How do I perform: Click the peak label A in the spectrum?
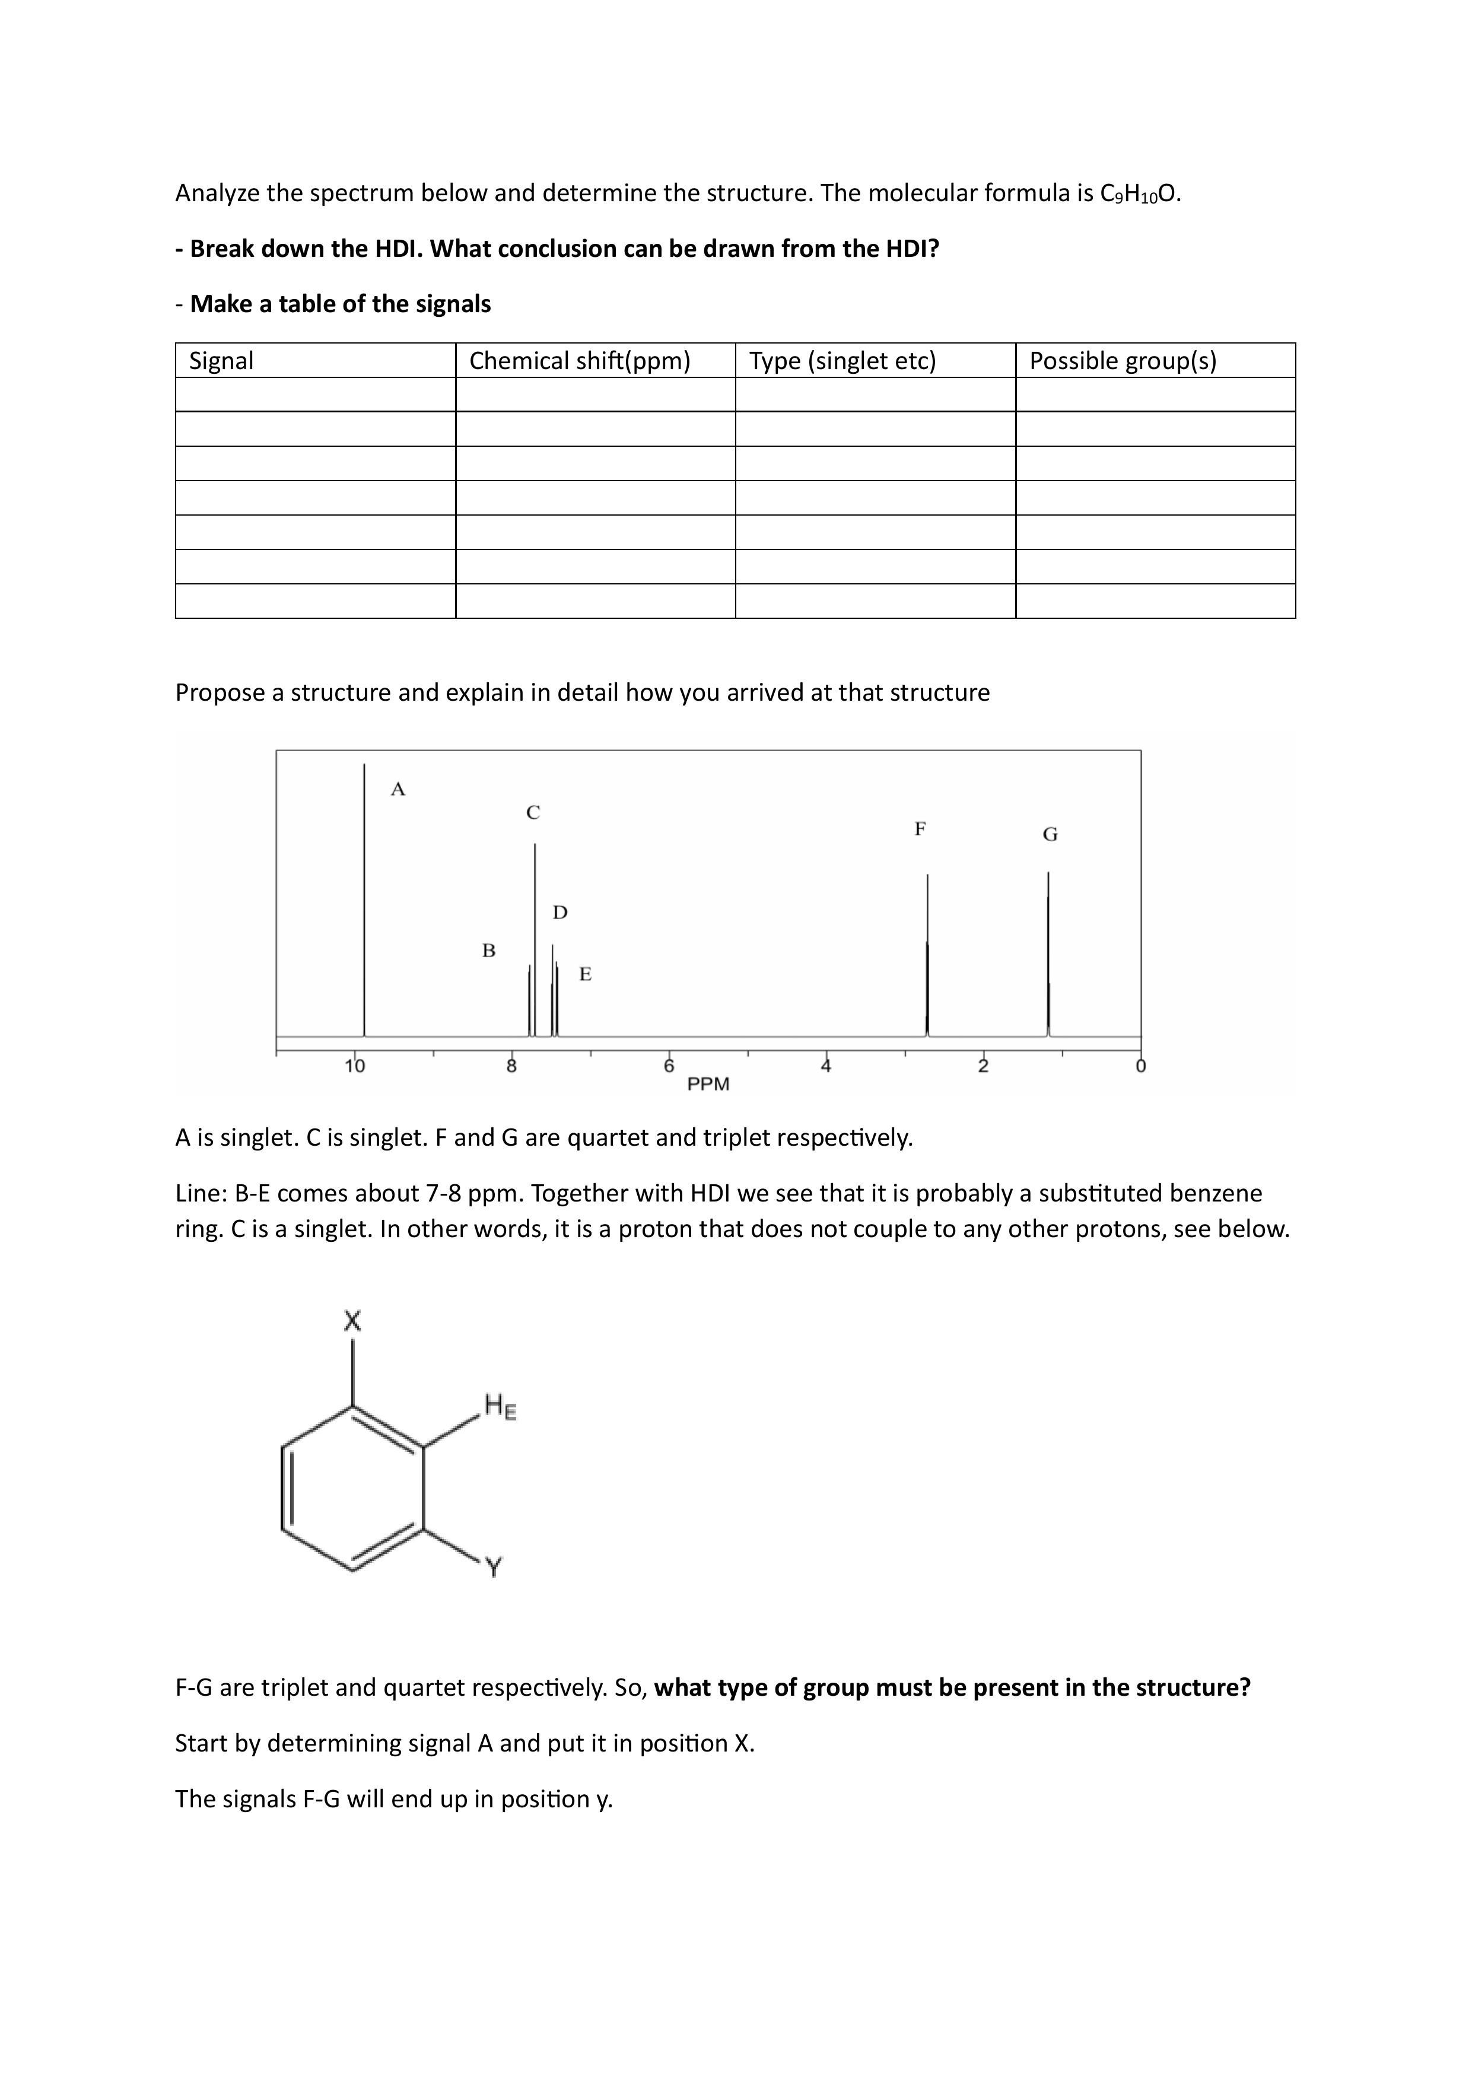[398, 789]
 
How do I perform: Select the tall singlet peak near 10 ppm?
[365, 907]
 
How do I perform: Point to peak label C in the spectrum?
[533, 812]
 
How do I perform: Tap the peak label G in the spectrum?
[1050, 834]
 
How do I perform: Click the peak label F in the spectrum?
[920, 828]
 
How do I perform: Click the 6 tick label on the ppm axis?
[669, 1066]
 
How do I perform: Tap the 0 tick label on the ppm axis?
[1140, 1066]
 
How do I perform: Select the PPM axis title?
[708, 1083]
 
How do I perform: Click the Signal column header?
[221, 361]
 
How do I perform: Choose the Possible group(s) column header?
[1123, 361]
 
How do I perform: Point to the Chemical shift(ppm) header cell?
[580, 361]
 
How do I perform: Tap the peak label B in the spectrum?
[489, 951]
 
